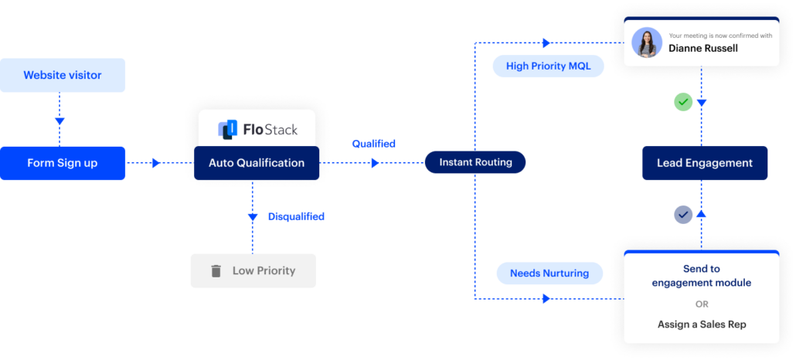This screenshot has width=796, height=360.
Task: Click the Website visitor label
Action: pyautogui.click(x=62, y=76)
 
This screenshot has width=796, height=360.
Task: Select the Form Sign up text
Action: pyautogui.click(x=62, y=163)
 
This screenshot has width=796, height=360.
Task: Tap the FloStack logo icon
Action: pyautogui.click(x=227, y=129)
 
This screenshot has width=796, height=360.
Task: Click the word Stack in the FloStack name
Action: pyautogui.click(x=281, y=129)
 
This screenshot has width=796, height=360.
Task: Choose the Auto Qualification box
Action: pyautogui.click(x=257, y=163)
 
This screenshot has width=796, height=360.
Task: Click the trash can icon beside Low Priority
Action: pyautogui.click(x=216, y=271)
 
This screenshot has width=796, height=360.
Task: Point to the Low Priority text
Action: pyautogui.click(x=264, y=271)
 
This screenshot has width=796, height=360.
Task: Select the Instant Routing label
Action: pyautogui.click(x=475, y=162)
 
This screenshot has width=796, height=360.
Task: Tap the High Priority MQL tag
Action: pyautogui.click(x=548, y=66)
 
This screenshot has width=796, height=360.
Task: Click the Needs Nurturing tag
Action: pyautogui.click(x=549, y=273)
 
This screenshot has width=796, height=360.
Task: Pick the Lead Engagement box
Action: pyautogui.click(x=704, y=163)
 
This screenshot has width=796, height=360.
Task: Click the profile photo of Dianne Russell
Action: pyautogui.click(x=646, y=42)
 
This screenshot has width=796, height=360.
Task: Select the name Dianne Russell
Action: pyautogui.click(x=703, y=49)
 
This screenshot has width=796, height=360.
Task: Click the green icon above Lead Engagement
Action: pyautogui.click(x=686, y=102)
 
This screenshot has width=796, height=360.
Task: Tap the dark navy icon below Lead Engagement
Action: pyautogui.click(x=686, y=216)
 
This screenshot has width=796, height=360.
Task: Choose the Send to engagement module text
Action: pyautogui.click(x=701, y=276)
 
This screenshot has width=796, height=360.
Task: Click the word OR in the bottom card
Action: pyautogui.click(x=701, y=303)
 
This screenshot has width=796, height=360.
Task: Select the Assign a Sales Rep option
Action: pyautogui.click(x=701, y=324)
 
